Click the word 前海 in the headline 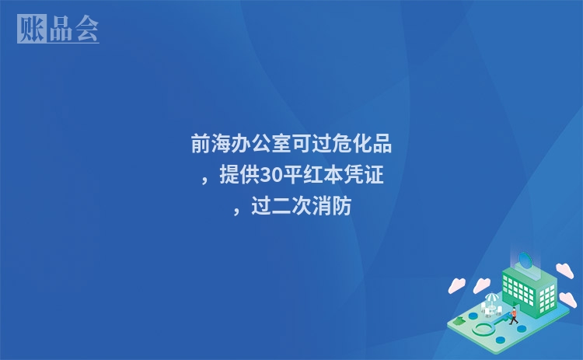211,144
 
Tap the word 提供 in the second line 239,176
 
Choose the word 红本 322,176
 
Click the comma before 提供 205,180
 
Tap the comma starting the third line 236,211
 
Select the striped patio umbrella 492,298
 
